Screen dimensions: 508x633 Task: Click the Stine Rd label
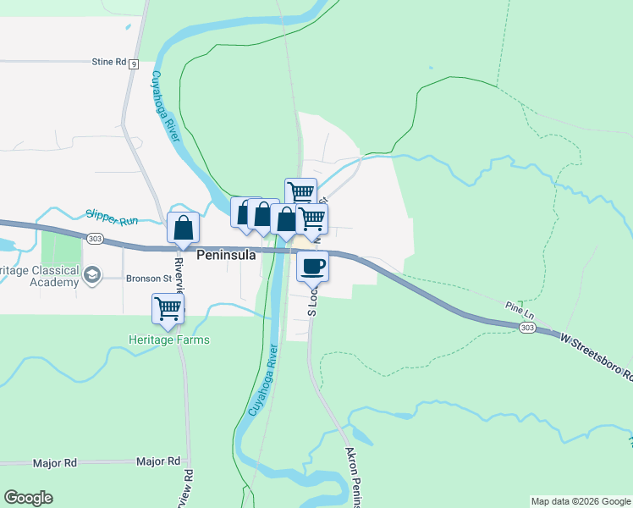click(x=108, y=62)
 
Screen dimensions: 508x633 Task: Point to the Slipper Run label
click(x=111, y=218)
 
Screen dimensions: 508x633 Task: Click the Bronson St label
click(x=148, y=277)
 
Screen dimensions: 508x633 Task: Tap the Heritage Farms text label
click(x=168, y=340)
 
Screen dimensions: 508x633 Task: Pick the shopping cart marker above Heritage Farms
click(x=168, y=309)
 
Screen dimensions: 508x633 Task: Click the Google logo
click(x=28, y=498)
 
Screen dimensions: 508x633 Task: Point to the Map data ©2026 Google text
click(x=581, y=501)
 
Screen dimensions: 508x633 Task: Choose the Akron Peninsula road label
click(x=355, y=478)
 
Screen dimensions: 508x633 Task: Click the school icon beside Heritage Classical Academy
click(x=91, y=274)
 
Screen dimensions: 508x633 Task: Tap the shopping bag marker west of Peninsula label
click(x=184, y=228)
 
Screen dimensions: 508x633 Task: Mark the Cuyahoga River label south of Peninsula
click(x=262, y=381)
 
